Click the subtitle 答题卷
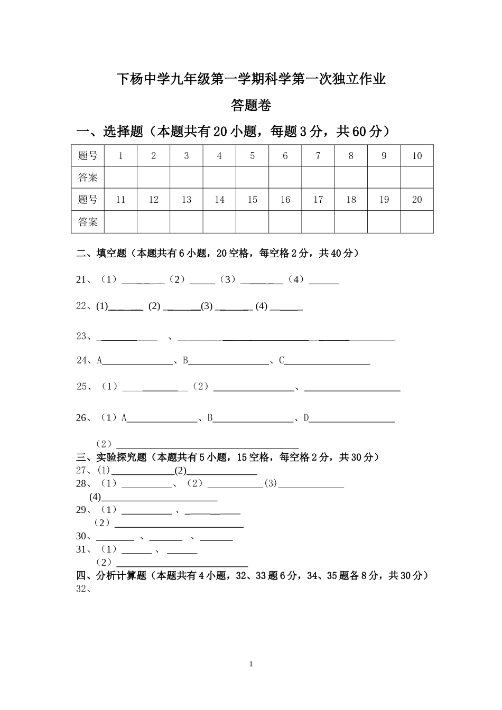point(251,106)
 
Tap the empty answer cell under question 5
point(252,177)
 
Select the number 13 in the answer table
point(186,200)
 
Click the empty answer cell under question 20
point(417,222)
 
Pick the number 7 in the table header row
point(318,156)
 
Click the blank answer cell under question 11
point(120,222)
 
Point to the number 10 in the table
point(417,156)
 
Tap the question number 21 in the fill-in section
point(83,280)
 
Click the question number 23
point(83,336)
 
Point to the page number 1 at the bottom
point(251,664)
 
